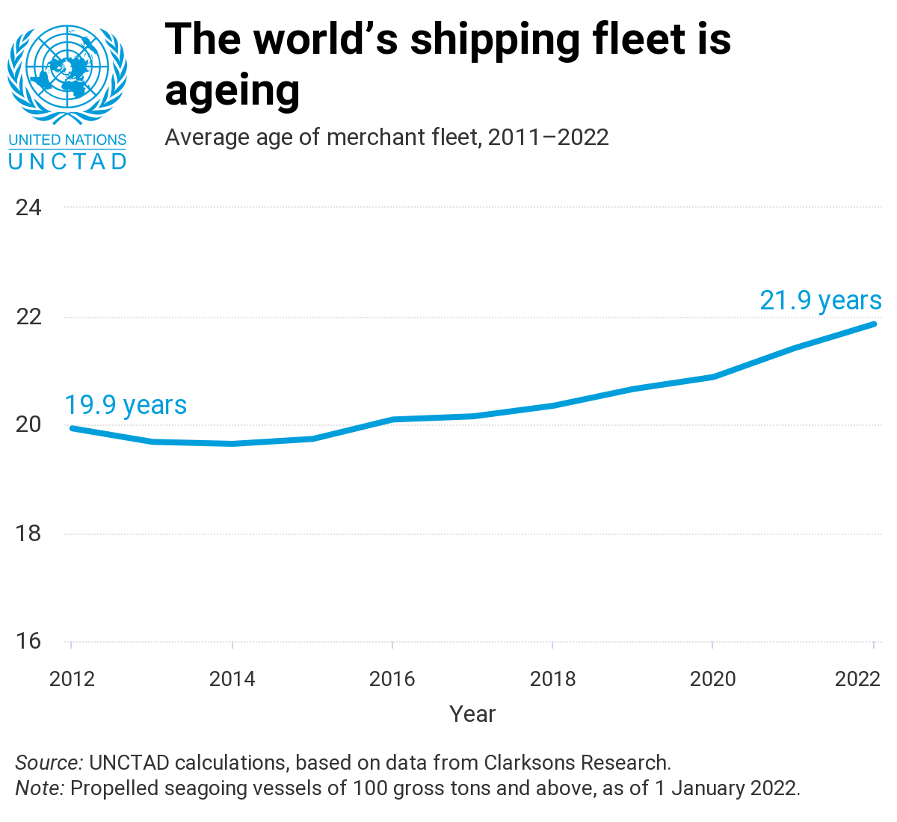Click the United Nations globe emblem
point(67,75)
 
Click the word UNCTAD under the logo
point(67,161)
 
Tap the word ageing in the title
point(232,91)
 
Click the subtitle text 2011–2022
point(548,137)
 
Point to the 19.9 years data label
point(126,405)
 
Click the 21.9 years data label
point(821,300)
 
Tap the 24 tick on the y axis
point(28,207)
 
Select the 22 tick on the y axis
point(28,317)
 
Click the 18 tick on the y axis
point(28,534)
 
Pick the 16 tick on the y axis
point(28,641)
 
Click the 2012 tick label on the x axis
point(72,679)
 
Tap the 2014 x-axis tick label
point(232,679)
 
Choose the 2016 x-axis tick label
point(392,679)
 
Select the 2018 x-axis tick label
point(553,679)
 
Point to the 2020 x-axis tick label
point(713,679)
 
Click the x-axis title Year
point(472,714)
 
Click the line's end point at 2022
point(873,324)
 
